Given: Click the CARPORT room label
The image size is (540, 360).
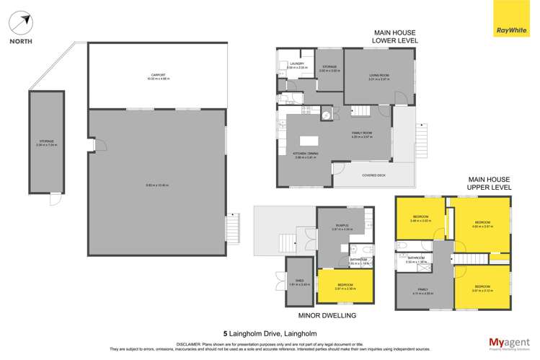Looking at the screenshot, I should click(149, 75).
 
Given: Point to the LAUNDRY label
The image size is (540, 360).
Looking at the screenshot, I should click(296, 64).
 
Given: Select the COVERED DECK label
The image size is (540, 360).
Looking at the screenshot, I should click(371, 174).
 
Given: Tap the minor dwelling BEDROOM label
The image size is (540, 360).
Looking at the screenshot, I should click(345, 285).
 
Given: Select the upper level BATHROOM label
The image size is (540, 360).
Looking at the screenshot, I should click(415, 258).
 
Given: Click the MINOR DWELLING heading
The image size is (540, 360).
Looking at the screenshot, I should click(327, 315).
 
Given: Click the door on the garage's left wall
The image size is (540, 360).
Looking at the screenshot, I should click(92, 146).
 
